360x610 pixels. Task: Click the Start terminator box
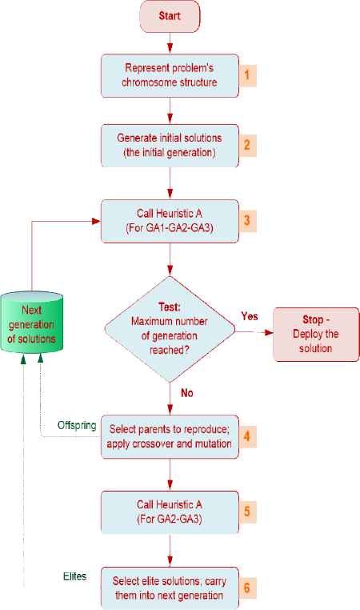(x=170, y=16)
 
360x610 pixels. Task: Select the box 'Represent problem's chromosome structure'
(x=170, y=75)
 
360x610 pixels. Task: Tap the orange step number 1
(x=247, y=74)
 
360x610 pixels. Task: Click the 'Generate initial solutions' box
(x=170, y=146)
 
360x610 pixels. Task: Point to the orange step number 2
(x=247, y=145)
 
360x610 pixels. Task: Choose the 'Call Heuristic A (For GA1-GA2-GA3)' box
(x=170, y=221)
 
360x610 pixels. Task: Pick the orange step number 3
(x=247, y=221)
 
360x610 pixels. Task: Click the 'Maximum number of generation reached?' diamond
(x=170, y=329)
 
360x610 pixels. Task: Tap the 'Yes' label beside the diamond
(x=250, y=316)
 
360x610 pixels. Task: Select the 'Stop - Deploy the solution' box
(x=316, y=334)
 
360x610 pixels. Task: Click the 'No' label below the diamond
(x=187, y=393)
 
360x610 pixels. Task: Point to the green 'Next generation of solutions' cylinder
(x=31, y=323)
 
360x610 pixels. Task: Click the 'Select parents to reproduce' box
(x=170, y=436)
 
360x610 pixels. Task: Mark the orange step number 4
(x=247, y=436)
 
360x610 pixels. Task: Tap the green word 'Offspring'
(x=77, y=425)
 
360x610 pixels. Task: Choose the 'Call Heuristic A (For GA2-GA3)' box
(x=170, y=512)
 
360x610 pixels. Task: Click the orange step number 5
(x=247, y=512)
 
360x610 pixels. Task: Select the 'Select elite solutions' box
(x=170, y=588)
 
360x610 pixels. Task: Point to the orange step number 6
(x=247, y=588)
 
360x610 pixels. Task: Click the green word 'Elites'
(x=74, y=576)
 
